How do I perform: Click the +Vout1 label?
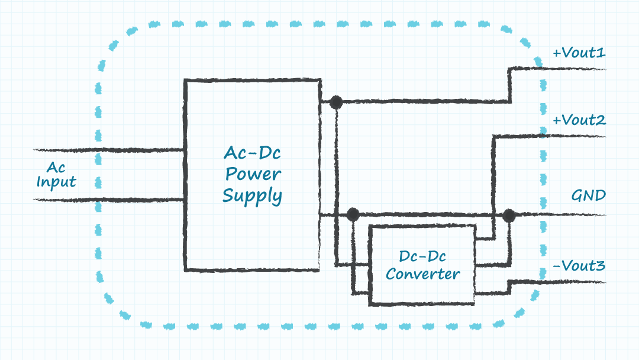pyautogui.click(x=579, y=53)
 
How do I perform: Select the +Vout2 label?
pyautogui.click(x=579, y=121)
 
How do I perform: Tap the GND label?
pyautogui.click(x=588, y=195)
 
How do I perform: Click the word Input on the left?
pyautogui.click(x=56, y=182)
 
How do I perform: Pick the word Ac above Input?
pyautogui.click(x=56, y=168)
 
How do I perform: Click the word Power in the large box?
pyautogui.click(x=253, y=174)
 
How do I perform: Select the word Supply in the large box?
pyautogui.click(x=253, y=196)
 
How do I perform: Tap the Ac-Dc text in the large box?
pyautogui.click(x=253, y=153)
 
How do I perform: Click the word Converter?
pyautogui.click(x=422, y=274)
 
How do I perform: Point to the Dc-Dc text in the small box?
pyautogui.click(x=422, y=257)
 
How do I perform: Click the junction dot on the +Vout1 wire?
pyautogui.click(x=336, y=102)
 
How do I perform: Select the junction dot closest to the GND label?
pyautogui.click(x=509, y=215)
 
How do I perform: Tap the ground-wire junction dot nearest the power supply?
pyautogui.click(x=353, y=214)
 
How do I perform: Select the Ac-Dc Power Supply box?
pyautogui.click(x=253, y=237)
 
